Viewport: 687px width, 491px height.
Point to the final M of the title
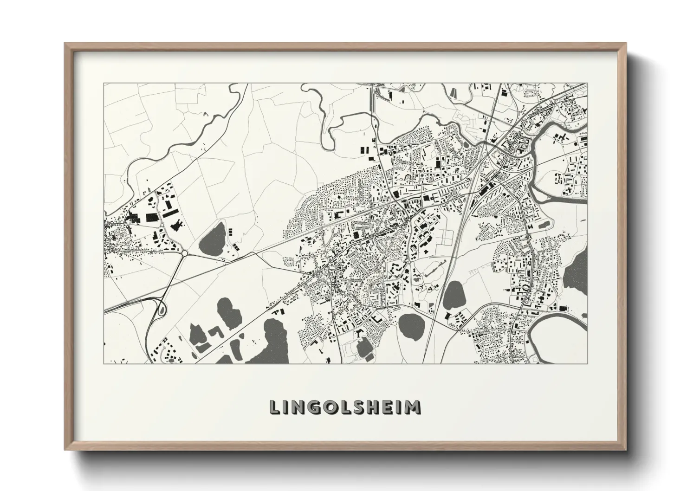[x=413, y=407]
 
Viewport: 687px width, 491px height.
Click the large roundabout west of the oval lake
[x=185, y=253]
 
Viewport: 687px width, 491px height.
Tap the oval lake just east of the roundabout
[x=213, y=238]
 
